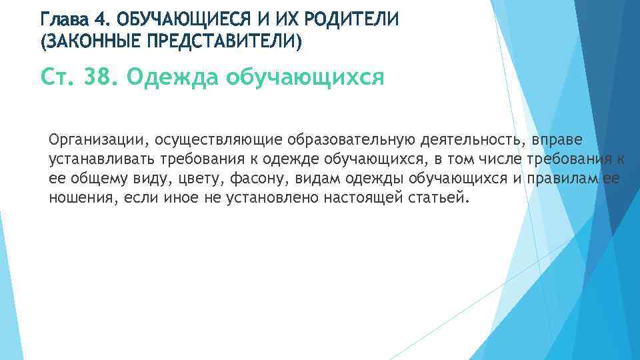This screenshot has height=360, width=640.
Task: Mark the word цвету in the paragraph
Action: point(197,179)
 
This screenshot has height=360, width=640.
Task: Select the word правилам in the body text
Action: point(559,179)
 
